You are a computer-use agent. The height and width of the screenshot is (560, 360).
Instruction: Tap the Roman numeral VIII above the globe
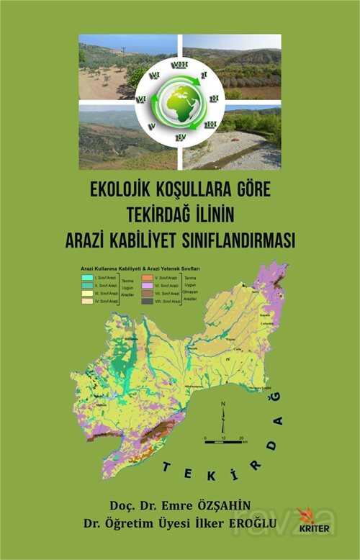click(x=179, y=66)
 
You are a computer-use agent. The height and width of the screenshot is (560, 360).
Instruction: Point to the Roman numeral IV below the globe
click(x=181, y=136)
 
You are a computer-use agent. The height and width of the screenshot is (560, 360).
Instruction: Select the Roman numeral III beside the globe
click(x=210, y=124)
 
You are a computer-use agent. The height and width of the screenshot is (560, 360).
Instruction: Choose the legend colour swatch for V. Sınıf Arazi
click(x=146, y=277)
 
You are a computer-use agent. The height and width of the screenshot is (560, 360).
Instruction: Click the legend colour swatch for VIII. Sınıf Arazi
click(x=146, y=302)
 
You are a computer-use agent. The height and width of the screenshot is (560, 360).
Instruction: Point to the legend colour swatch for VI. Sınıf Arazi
click(x=146, y=285)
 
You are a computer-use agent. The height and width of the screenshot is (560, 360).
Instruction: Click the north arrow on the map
click(x=223, y=415)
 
